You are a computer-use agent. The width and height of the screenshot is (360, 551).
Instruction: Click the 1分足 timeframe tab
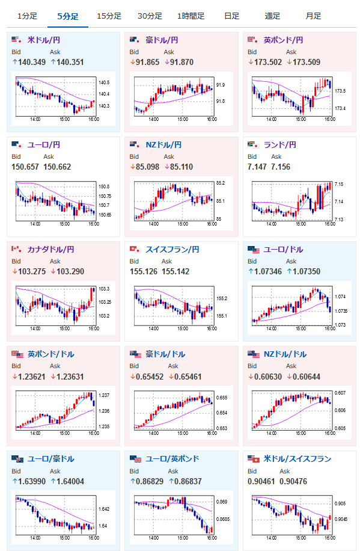click(27, 16)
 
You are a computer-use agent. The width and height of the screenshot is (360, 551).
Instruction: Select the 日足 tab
click(231, 16)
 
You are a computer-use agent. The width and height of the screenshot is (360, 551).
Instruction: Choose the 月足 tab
click(313, 16)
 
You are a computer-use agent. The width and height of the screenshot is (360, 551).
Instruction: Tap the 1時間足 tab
click(191, 16)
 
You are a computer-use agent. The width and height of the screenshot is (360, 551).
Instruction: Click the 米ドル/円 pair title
click(44, 40)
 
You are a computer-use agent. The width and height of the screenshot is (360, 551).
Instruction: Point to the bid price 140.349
click(32, 62)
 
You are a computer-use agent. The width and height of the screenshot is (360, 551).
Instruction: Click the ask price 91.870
click(182, 62)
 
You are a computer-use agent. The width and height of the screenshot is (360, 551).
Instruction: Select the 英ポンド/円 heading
click(284, 40)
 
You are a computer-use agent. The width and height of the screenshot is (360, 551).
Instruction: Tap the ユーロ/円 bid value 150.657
click(25, 167)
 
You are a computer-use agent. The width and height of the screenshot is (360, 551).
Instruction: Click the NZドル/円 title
click(163, 145)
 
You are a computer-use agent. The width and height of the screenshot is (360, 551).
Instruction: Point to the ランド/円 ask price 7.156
click(281, 167)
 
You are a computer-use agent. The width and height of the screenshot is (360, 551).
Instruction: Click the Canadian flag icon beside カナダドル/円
click(16, 249)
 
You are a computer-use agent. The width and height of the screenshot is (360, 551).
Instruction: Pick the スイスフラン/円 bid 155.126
click(144, 272)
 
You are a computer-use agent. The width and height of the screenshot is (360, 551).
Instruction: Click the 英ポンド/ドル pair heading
click(51, 354)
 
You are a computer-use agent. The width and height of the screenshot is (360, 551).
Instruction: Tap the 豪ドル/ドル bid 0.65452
click(150, 377)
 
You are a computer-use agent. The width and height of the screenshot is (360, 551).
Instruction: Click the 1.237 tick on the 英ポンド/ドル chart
click(104, 395)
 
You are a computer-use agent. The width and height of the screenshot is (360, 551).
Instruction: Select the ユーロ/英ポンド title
click(172, 459)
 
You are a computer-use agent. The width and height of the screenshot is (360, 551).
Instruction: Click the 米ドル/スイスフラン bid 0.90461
click(261, 481)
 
